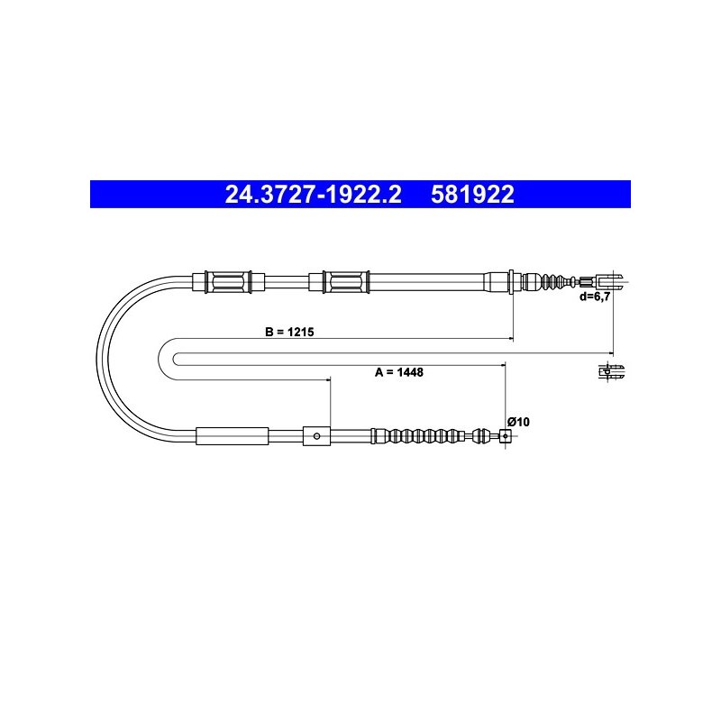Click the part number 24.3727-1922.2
coord(313,195)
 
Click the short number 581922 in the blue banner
coord(472,195)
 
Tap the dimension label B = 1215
coord(289,332)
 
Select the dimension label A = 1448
coord(398,372)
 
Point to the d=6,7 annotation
coord(595,297)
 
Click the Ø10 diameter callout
coord(518,422)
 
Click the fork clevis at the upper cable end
coord(611,281)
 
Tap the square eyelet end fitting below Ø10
coord(506,436)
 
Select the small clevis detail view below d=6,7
coord(612,371)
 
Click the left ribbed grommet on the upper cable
coord(228,281)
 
